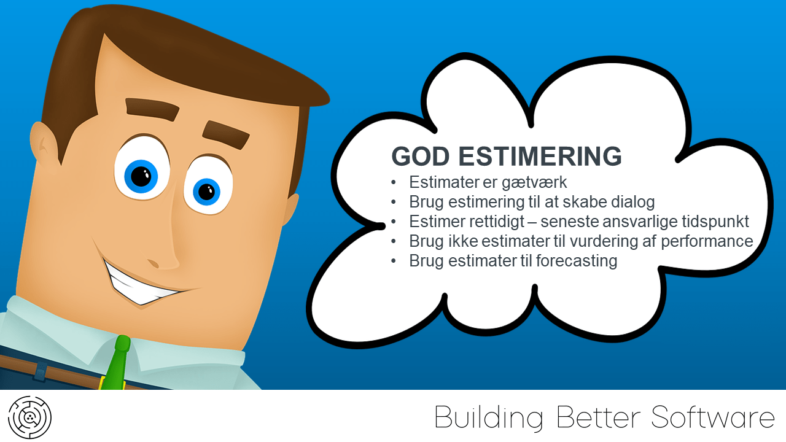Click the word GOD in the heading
tap(421, 156)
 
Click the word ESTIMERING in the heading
tap(540, 156)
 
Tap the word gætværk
tap(534, 183)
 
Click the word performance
tap(707, 242)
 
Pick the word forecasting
tap(577, 262)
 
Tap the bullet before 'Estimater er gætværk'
tap(394, 183)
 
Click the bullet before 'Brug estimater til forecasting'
tap(394, 262)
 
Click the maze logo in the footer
tap(30, 417)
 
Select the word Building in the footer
tap(489, 417)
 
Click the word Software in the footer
tap(713, 417)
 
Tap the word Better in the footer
tap(599, 417)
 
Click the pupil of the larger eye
tap(141, 176)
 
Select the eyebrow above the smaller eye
tap(225, 135)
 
